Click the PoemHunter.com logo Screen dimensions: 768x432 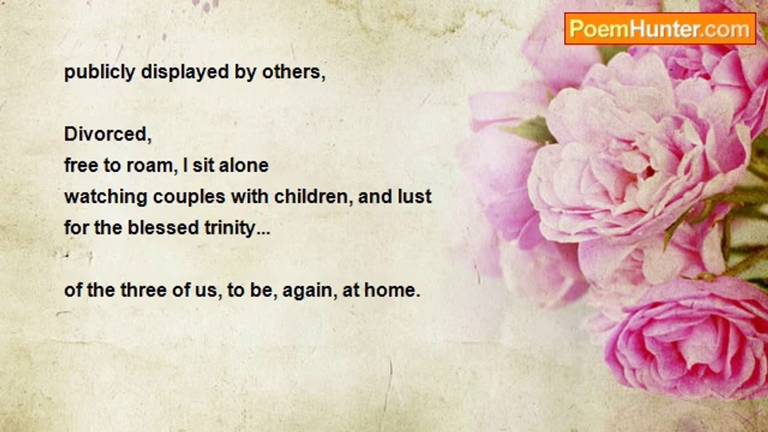point(660,29)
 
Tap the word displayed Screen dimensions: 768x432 point(185,73)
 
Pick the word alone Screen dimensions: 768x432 point(244,166)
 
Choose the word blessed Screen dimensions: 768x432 point(163,227)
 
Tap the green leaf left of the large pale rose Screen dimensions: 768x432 point(531,130)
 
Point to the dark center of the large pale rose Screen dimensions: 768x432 point(648,172)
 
